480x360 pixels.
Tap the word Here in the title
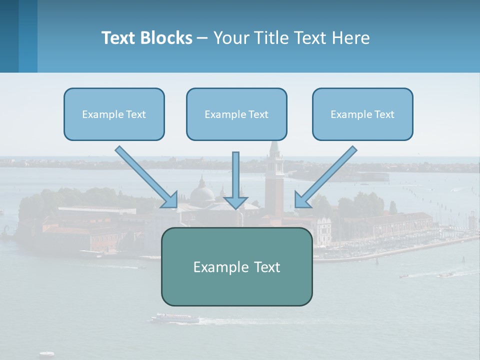pos(353,38)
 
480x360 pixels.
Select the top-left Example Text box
pos(114,114)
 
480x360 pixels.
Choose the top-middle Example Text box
pos(236,114)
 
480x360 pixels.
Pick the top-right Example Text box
pos(362,114)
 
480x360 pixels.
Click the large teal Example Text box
pos(236,266)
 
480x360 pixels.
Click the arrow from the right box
pos(326,176)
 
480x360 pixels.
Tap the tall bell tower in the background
pos(274,180)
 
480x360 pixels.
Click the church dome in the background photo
pos(203,192)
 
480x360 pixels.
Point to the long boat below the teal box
pos(175,318)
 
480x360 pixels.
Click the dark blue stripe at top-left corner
pos(9,36)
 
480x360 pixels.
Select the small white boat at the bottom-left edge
pos(46,354)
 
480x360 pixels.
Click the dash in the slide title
pos(202,38)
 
